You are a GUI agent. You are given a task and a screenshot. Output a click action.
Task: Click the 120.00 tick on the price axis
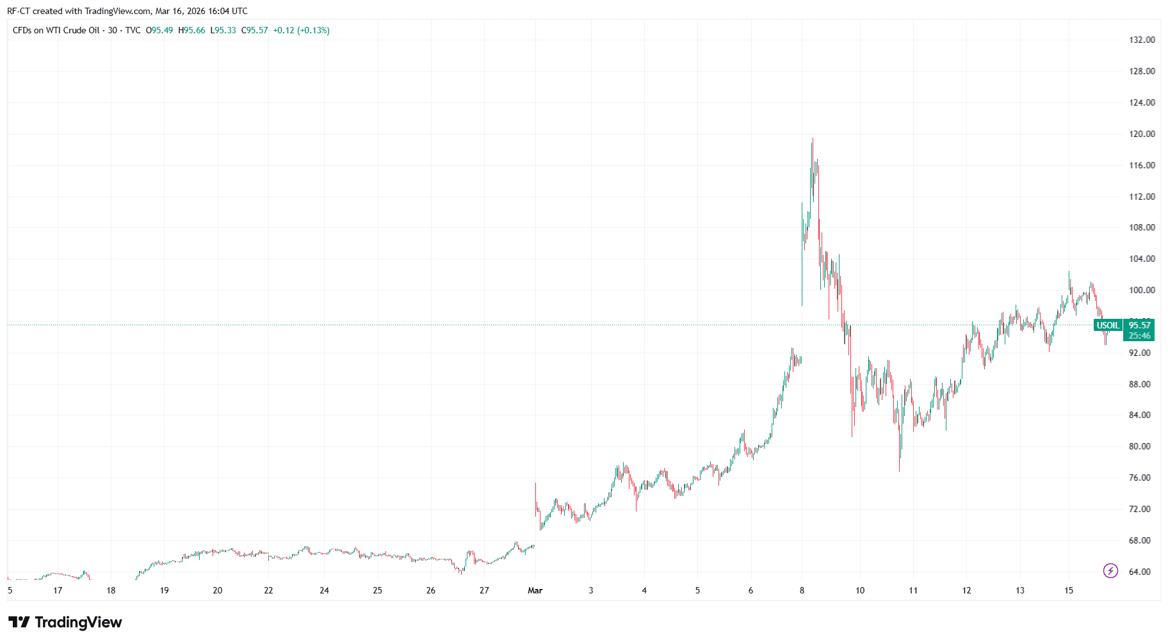pos(1142,134)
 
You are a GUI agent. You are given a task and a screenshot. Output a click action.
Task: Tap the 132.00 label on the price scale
pos(1142,40)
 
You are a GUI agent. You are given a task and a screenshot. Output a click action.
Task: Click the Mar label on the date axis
pos(535,590)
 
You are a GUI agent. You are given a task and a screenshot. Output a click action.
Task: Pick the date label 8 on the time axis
pos(802,590)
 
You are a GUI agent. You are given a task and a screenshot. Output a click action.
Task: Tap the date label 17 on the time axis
pos(58,590)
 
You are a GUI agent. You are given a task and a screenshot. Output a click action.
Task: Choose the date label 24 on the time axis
pos(324,590)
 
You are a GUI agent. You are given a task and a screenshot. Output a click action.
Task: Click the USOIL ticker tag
pos(1108,325)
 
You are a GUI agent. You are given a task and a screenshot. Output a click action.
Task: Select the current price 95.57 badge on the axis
pos(1139,325)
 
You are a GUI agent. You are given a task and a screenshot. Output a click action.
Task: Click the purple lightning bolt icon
pos(1110,570)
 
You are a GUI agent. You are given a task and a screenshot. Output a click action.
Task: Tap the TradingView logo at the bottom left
pos(65,622)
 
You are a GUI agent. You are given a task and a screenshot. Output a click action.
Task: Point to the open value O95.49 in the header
pos(159,30)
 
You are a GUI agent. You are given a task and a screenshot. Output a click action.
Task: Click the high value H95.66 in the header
pos(191,30)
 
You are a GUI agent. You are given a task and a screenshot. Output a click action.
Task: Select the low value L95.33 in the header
pos(223,30)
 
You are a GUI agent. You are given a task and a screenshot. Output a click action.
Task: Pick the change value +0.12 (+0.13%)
pos(301,30)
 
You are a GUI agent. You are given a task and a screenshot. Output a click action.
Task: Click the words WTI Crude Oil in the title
pos(72,30)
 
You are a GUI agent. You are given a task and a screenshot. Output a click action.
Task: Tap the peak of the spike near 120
pos(813,139)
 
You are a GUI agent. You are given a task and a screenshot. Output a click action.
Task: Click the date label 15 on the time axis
pos(1069,590)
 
